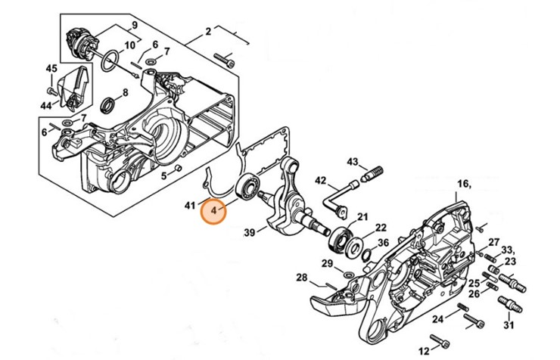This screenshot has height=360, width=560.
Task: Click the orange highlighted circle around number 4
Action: (214, 211)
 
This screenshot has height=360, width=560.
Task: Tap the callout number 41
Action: (190, 205)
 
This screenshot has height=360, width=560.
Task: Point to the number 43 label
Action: (353, 162)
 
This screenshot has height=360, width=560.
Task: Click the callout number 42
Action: (321, 180)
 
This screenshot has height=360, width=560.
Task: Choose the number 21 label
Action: (362, 215)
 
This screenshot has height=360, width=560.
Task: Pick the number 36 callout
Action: (383, 243)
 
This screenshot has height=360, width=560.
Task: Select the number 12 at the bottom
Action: (423, 349)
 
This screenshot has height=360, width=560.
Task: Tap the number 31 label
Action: (508, 326)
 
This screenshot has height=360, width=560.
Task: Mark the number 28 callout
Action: (302, 278)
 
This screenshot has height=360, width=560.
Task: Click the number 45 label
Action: (51, 69)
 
